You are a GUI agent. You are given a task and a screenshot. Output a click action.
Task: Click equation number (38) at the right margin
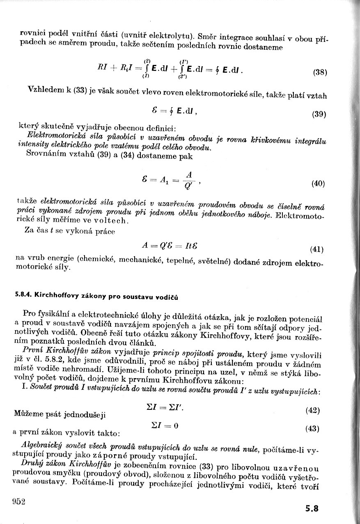pos(320,73)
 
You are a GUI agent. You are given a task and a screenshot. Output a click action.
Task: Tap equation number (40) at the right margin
pos(318,184)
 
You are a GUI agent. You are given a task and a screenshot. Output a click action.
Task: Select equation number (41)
pos(317,249)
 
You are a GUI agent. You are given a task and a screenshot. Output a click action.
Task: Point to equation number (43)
pos(312,429)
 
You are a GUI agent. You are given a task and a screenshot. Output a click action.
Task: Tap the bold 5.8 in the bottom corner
pos(312,508)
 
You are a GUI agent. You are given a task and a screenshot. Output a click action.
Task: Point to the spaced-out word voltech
pos(113,221)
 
